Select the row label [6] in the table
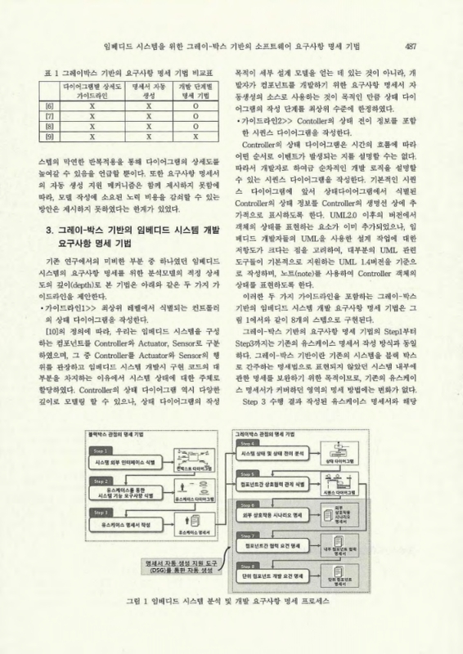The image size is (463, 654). coord(50,105)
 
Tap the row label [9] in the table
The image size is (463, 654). coord(50,138)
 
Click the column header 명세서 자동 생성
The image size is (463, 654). coord(149,90)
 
